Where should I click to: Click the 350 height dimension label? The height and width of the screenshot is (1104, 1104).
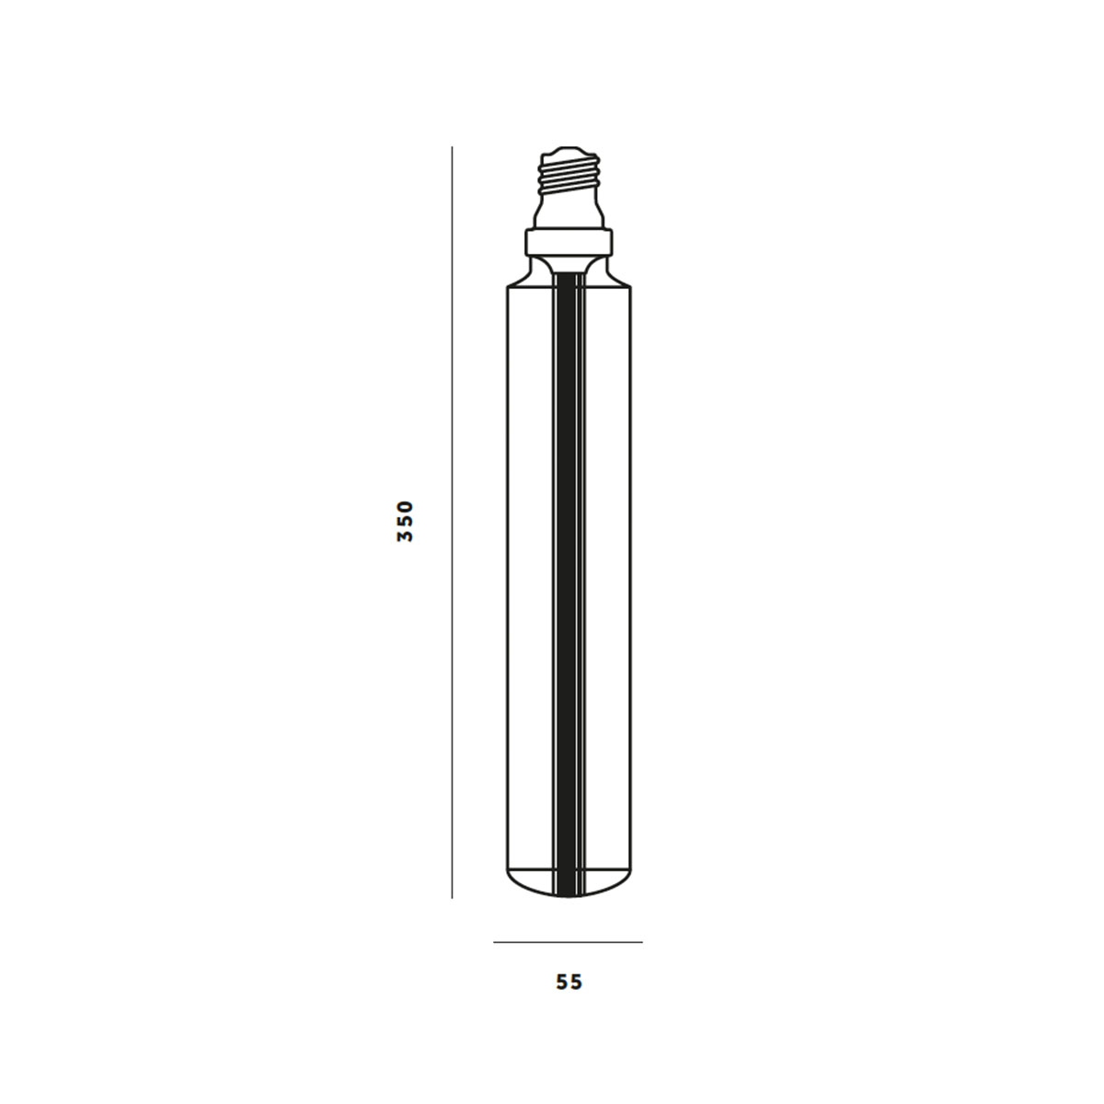pyautogui.click(x=406, y=521)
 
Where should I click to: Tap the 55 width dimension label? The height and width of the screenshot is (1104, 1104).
pyautogui.click(x=569, y=983)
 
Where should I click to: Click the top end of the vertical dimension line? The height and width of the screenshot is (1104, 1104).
pyautogui.click(x=452, y=148)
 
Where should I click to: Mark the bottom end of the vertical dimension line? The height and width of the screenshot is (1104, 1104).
pyautogui.click(x=452, y=897)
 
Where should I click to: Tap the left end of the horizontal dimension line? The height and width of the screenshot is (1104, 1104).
pyautogui.click(x=495, y=942)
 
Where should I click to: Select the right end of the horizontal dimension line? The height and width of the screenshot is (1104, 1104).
pyautogui.click(x=642, y=942)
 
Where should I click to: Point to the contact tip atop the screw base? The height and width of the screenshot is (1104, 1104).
pyautogui.click(x=569, y=149)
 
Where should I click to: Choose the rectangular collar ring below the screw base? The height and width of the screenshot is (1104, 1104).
pyautogui.click(x=569, y=243)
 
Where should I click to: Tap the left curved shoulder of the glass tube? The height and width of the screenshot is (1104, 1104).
pyautogui.click(x=526, y=274)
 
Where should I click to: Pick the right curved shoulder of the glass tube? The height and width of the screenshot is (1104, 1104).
pyautogui.click(x=613, y=274)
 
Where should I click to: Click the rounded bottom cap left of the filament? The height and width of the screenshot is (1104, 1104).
pyautogui.click(x=531, y=881)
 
